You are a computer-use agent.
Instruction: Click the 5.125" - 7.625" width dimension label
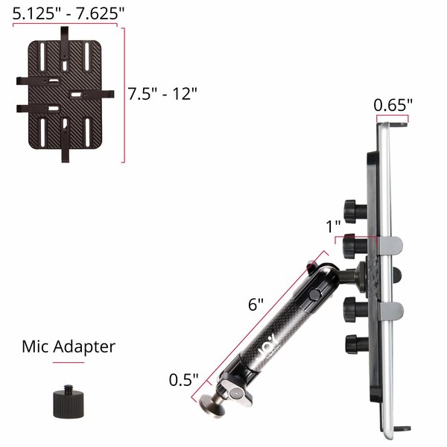point(69,13)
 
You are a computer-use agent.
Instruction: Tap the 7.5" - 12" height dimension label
point(162,94)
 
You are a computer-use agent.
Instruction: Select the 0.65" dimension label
point(393,105)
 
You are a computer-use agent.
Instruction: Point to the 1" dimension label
point(333,226)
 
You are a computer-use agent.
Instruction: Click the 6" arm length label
point(256,305)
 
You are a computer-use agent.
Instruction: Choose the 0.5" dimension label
point(183,380)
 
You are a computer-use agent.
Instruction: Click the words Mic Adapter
point(69,347)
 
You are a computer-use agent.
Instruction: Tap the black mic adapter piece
point(69,402)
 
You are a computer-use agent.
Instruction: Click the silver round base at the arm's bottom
point(212,404)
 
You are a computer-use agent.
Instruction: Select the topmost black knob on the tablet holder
point(355,211)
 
